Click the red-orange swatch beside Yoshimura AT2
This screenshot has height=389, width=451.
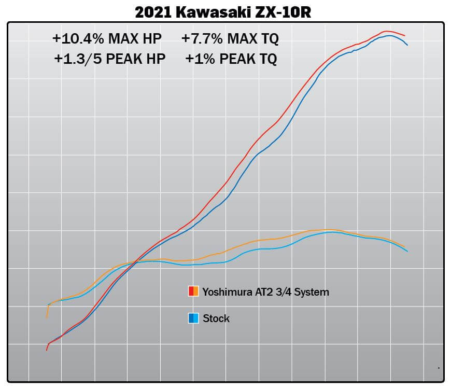(x=193, y=291)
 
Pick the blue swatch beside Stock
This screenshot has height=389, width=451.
(x=193, y=318)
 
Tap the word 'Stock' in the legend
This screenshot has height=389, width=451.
(x=216, y=318)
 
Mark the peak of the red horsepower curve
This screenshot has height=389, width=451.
(x=386, y=31)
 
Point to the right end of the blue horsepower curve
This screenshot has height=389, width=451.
(x=407, y=45)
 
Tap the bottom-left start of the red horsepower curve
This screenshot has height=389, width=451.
(x=47, y=350)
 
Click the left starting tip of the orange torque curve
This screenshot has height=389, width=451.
(x=47, y=317)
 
